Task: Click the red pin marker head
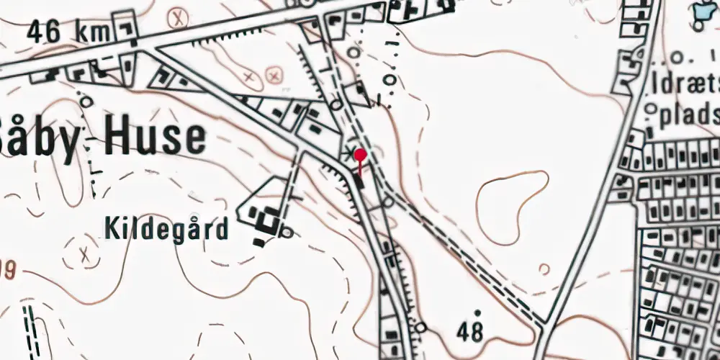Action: [361, 154]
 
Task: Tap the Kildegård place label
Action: [166, 229]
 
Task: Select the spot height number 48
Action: [470, 332]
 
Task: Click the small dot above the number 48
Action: [477, 312]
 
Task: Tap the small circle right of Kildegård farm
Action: [287, 232]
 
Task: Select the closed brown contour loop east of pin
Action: [512, 205]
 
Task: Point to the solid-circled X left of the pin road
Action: [273, 74]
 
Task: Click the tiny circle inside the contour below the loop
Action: [544, 269]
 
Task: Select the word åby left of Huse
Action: [43, 138]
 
